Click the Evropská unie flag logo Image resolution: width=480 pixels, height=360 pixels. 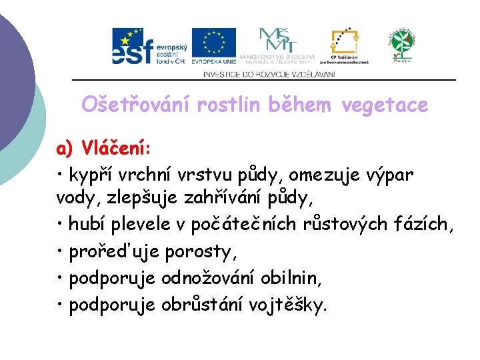(213, 46)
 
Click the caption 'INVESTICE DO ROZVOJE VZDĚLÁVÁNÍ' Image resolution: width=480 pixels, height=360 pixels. (269, 74)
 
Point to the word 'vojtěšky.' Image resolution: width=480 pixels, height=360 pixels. (287, 305)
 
